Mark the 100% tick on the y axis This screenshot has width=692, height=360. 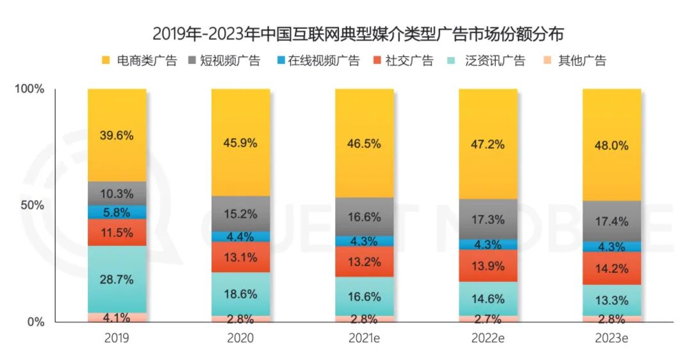click(x=30, y=89)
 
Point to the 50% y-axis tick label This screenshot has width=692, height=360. click(x=33, y=206)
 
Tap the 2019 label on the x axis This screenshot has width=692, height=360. click(x=117, y=338)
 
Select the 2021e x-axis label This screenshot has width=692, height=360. click(x=364, y=338)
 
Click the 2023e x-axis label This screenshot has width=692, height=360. click(x=611, y=338)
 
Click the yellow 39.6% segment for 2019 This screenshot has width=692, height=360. click(x=117, y=135)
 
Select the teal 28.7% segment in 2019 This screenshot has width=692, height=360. click(x=117, y=279)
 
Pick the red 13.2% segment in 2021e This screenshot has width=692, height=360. click(x=364, y=261)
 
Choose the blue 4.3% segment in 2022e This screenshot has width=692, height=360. click(x=488, y=244)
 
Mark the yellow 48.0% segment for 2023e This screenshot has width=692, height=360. click(x=611, y=145)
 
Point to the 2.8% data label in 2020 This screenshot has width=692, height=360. click(x=240, y=319)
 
